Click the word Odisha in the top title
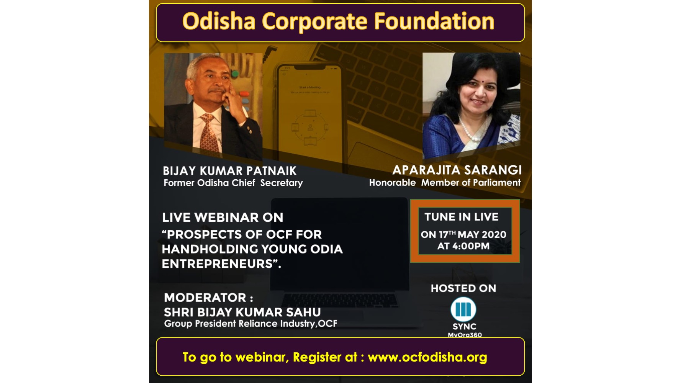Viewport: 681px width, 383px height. click(219, 21)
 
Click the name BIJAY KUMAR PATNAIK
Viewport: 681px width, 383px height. click(230, 171)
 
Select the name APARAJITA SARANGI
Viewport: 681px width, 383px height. click(457, 170)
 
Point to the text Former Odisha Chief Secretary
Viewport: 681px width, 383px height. click(233, 183)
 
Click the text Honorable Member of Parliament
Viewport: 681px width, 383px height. click(445, 182)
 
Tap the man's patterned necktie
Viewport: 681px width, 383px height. click(209, 133)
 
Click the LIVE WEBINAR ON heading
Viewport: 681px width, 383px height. click(223, 218)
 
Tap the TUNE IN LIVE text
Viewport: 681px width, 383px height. click(462, 217)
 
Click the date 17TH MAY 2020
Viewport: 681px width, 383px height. click(472, 234)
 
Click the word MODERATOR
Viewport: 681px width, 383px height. click(205, 298)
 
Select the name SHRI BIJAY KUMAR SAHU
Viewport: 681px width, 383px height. click(242, 312)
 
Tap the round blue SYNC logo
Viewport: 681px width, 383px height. click(463, 309)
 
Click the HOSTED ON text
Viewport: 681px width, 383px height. click(463, 288)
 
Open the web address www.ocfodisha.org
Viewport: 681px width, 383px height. click(427, 357)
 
